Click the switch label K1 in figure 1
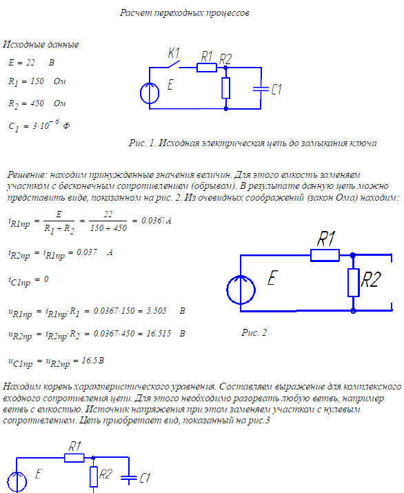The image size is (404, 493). click(x=174, y=53)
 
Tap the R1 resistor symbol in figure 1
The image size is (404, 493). click(x=207, y=68)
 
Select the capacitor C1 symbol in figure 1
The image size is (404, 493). click(x=261, y=89)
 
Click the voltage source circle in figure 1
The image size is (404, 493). click(x=150, y=93)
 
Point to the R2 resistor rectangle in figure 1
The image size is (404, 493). click(x=225, y=88)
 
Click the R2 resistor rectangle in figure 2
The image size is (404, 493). click(x=354, y=282)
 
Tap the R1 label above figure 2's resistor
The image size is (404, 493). click(x=325, y=239)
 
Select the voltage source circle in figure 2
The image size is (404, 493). click(x=241, y=290)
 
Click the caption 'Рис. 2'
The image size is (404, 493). click(x=254, y=332)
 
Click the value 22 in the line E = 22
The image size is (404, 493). click(x=30, y=63)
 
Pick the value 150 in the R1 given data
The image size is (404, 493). click(x=37, y=81)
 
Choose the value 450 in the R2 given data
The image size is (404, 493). click(x=37, y=103)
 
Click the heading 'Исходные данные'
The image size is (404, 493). click(x=41, y=44)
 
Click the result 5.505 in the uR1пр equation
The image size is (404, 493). click(x=156, y=311)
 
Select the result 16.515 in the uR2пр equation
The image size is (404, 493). click(x=159, y=333)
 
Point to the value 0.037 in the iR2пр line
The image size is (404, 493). click(x=87, y=252)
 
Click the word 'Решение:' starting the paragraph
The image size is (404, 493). click(x=27, y=175)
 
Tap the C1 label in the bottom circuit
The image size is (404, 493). click(x=145, y=478)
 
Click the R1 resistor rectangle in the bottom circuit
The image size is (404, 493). click(x=74, y=458)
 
